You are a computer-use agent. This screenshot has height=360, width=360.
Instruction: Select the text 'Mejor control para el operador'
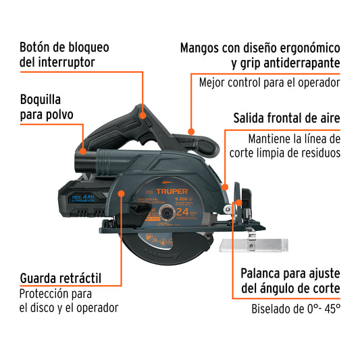[269, 83]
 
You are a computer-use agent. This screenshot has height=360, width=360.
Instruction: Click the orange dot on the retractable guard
[122, 193]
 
